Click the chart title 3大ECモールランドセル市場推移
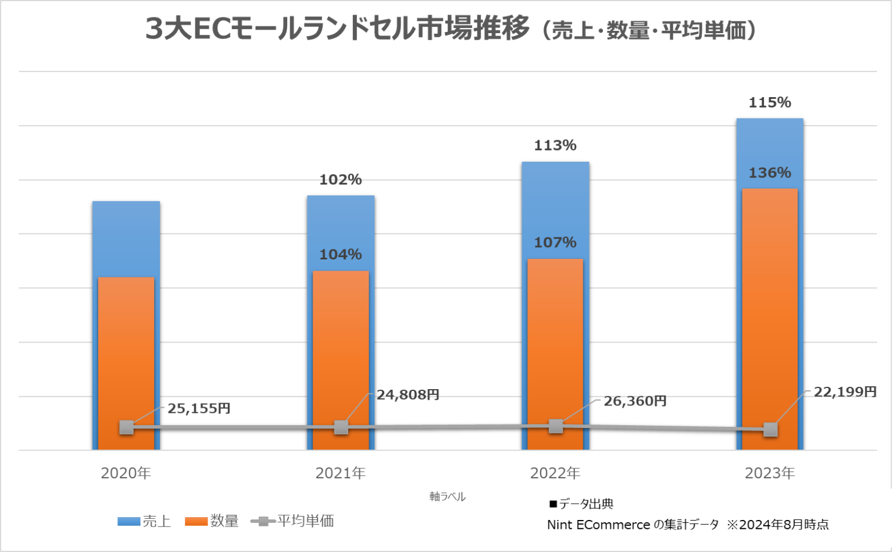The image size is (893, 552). tap(337, 29)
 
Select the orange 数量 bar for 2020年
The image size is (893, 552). tap(126, 349)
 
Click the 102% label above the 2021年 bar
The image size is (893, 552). tap(341, 180)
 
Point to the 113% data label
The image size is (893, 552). tap(555, 145)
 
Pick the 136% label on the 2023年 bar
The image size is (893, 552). tap(770, 173)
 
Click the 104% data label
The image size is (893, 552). tap(341, 254)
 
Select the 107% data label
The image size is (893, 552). tap(555, 243)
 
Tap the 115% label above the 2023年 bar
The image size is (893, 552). tap(770, 103)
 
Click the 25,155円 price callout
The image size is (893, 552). tap(199, 409)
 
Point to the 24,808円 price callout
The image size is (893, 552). tap(408, 395)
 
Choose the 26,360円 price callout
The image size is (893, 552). tap(635, 401)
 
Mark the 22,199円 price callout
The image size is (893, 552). tap(845, 392)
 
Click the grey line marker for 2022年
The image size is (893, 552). tap(556, 426)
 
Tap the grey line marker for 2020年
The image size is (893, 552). tap(126, 428)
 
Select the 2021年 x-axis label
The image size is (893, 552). tap(341, 473)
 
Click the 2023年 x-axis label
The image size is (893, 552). tap(770, 473)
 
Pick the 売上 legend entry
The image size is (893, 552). tap(144, 521)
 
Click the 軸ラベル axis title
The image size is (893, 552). tap(448, 497)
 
